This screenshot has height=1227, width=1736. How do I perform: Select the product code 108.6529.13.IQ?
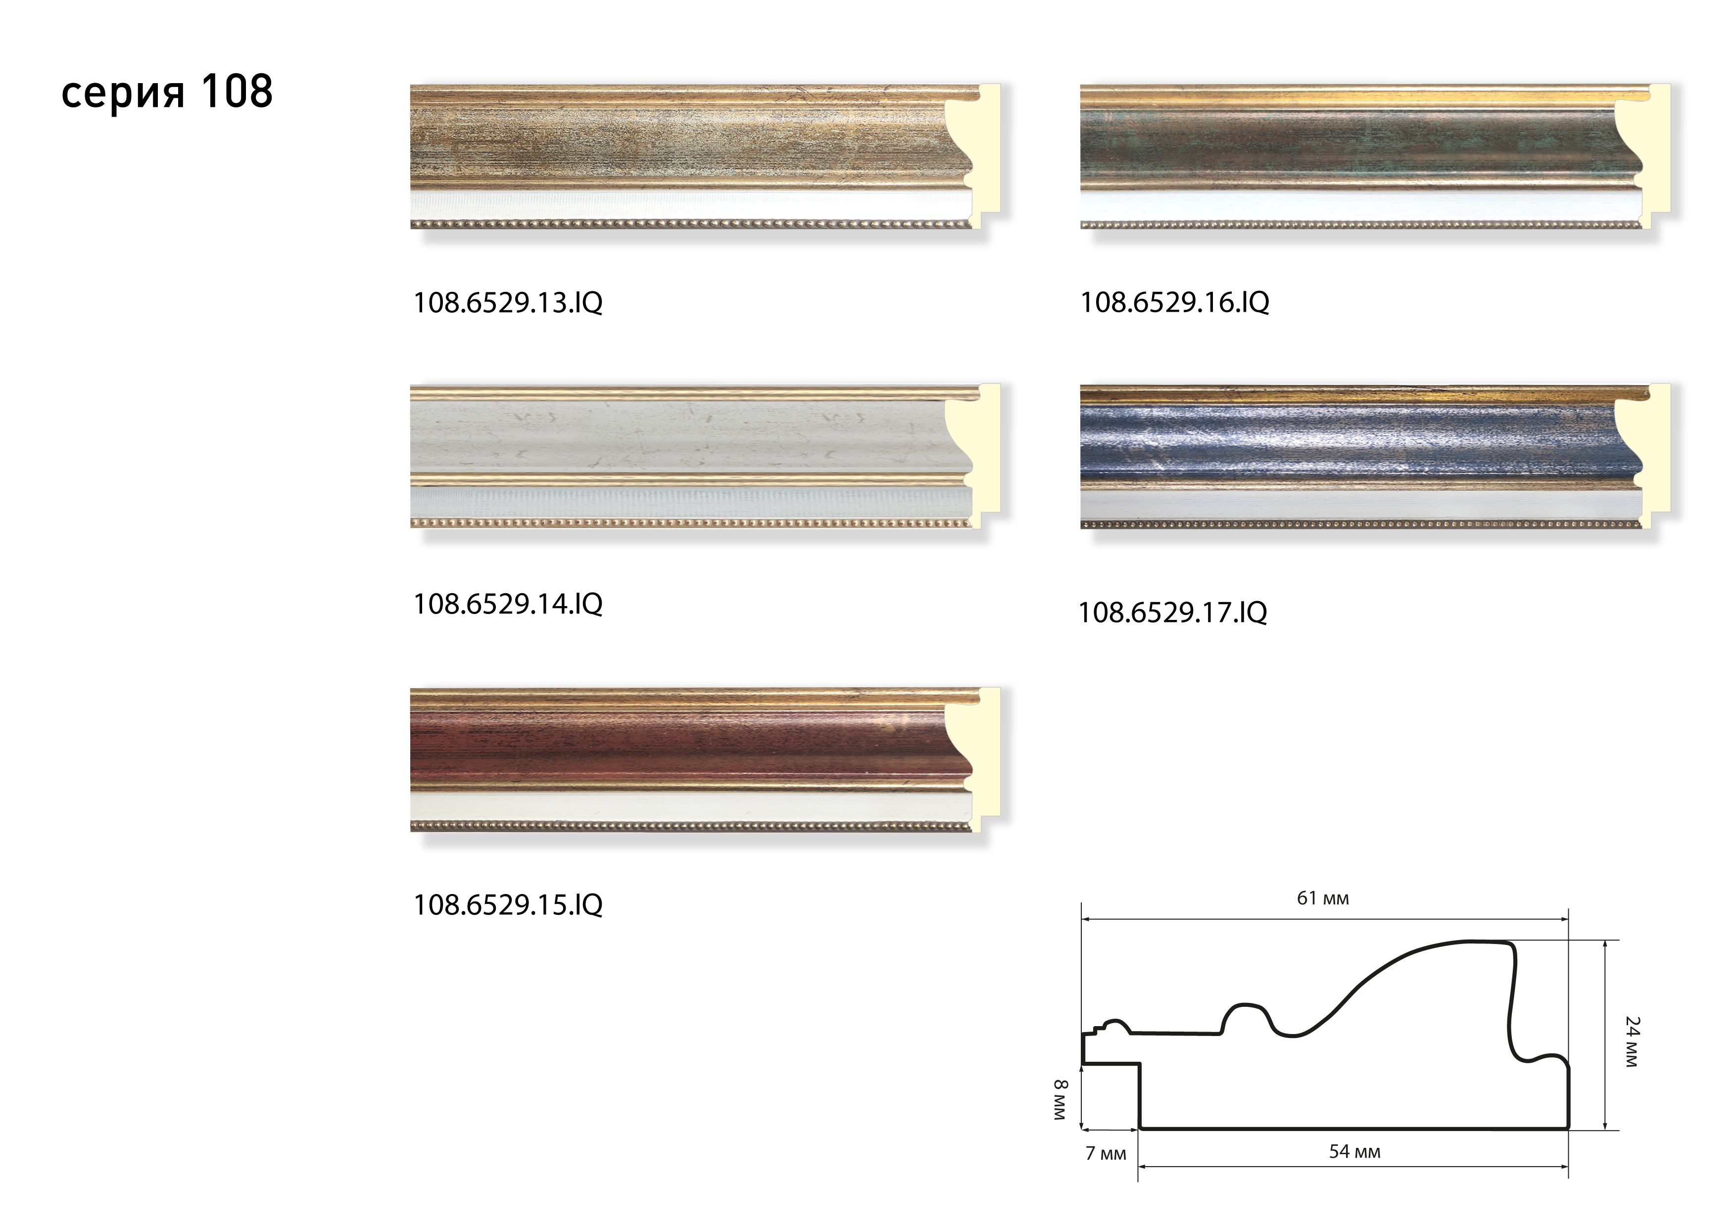tap(507, 302)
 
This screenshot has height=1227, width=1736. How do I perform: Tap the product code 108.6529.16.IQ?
tap(1174, 302)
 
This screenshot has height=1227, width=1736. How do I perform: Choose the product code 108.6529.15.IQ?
tap(507, 904)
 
